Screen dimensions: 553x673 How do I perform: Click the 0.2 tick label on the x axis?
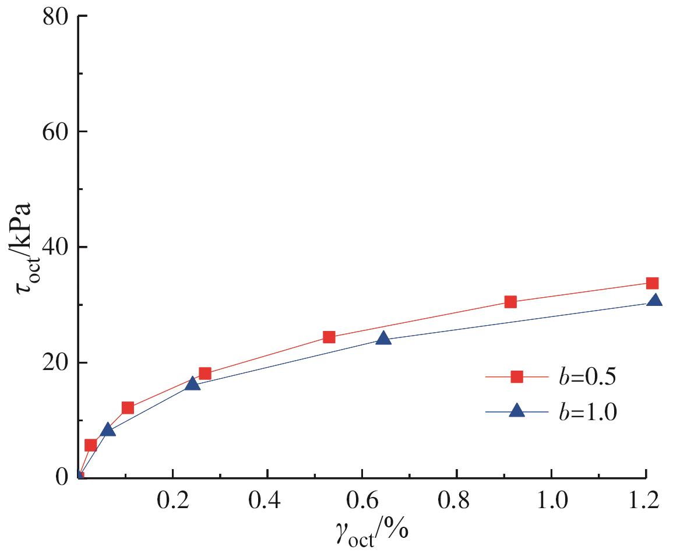point(172,502)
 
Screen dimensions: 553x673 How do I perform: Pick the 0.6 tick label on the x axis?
point(362,502)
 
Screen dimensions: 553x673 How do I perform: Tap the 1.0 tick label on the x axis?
point(551,502)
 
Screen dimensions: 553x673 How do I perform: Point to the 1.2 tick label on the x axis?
point(646,502)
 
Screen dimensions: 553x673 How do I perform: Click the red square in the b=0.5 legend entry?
point(516,377)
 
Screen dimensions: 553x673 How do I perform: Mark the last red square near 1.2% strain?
point(652,283)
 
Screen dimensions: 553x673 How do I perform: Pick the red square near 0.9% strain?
point(510,302)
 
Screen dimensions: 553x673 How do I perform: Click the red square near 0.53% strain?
point(329,337)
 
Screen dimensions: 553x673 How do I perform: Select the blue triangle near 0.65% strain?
point(383,339)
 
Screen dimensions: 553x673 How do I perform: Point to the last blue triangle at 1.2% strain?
point(654,301)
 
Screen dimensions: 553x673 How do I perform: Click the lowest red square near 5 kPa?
point(90,445)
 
